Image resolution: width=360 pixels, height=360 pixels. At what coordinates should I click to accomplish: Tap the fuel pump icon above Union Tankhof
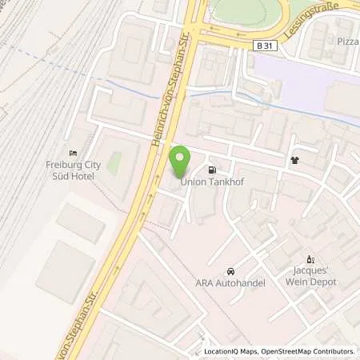[x=212, y=170]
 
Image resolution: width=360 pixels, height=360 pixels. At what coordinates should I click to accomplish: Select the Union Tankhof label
[x=210, y=181]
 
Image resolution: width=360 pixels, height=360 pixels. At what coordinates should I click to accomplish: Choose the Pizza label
[x=348, y=40]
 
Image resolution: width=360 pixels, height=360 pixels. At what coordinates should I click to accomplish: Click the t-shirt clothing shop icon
[x=294, y=159]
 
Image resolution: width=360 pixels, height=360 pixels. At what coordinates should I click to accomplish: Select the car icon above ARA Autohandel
[x=230, y=271]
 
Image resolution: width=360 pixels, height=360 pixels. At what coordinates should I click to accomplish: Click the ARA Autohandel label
[x=230, y=282]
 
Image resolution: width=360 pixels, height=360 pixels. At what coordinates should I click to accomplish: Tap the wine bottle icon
[x=312, y=259]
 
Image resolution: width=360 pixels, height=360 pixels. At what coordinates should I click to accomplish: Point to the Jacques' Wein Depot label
[x=313, y=276]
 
